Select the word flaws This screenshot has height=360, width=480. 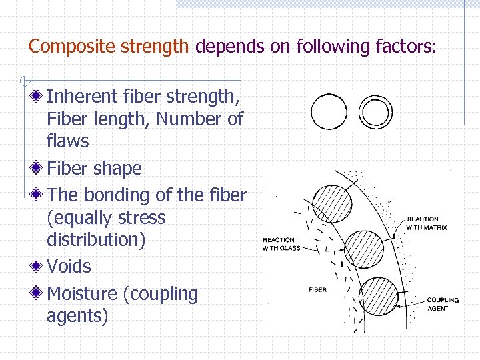point(68,141)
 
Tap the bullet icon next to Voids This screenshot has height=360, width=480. point(39,266)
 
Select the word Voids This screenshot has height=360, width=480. point(69,267)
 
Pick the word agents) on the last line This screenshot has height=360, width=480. point(77,316)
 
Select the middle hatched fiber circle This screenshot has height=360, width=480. point(364,249)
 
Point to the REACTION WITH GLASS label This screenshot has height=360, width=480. point(279,244)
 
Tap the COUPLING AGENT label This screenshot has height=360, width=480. point(443,304)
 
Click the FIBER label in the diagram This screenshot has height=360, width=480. point(317,289)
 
